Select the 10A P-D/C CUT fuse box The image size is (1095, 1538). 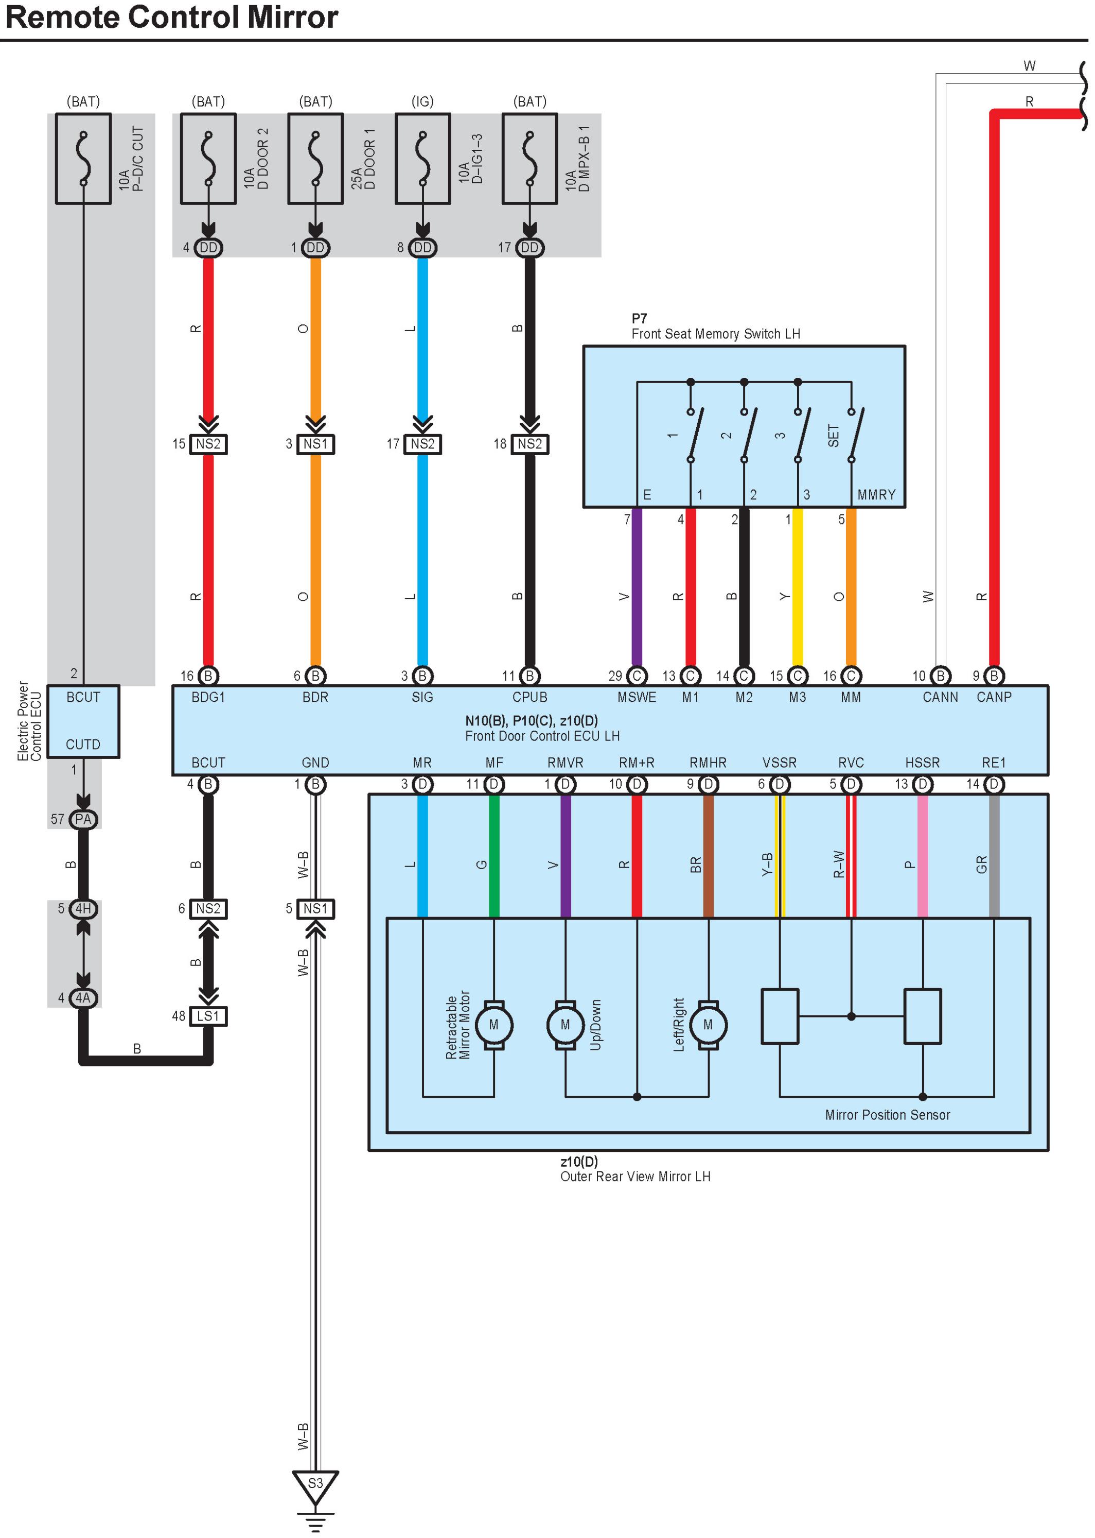83,159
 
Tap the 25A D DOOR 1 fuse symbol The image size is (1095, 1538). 315,159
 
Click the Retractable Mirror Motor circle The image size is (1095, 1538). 493,1025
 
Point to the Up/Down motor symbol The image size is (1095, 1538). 565,1025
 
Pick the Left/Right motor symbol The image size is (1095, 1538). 708,1025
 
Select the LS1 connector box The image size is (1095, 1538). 208,1016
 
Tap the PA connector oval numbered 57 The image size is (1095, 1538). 83,819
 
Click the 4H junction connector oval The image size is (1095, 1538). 83,909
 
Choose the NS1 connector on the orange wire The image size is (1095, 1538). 315,444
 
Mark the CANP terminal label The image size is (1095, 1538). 993,697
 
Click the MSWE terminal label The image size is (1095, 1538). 637,697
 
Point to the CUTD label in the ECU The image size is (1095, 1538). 83,744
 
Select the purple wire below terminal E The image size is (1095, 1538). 637,587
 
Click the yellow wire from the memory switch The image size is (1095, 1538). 797,587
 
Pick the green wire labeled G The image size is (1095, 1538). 493,857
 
